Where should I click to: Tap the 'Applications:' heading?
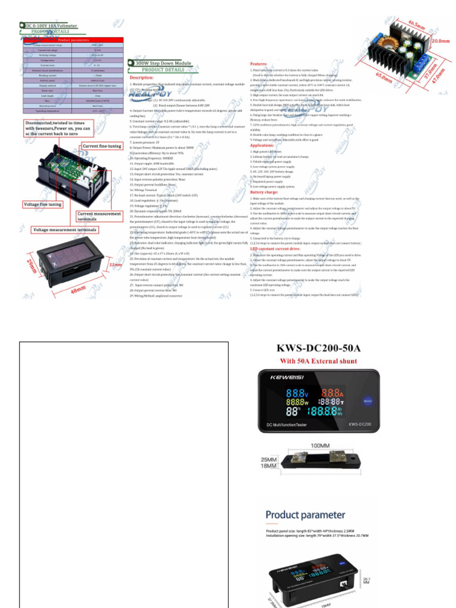(x=262, y=145)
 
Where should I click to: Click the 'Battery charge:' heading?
(x=265, y=192)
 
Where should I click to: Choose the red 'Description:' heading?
(x=141, y=78)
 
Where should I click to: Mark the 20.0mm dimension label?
(x=440, y=42)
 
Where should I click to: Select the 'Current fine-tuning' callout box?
(x=102, y=146)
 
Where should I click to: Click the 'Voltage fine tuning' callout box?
(x=42, y=204)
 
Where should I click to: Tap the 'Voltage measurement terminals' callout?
(x=65, y=229)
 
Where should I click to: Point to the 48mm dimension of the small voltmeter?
(x=77, y=290)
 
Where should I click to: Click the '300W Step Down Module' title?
(x=164, y=62)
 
